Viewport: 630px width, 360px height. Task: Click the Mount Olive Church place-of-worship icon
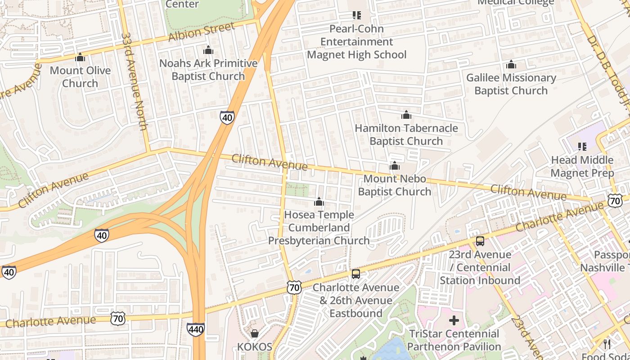80,57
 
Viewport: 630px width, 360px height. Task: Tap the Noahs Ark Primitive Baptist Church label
208,70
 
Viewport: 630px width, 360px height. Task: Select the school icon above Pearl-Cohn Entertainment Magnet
357,16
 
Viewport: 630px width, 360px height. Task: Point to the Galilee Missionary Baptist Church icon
511,65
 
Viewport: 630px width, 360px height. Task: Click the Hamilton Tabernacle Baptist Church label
406,135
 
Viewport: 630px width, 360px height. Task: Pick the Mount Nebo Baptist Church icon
395,166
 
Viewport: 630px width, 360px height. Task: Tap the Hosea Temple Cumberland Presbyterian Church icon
319,202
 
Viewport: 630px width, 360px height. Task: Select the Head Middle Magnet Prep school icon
582,147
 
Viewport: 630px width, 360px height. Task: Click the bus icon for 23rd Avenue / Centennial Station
480,241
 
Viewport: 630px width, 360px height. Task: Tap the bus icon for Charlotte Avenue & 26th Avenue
356,274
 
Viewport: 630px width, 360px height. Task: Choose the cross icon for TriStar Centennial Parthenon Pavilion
454,320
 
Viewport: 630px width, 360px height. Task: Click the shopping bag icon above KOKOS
255,333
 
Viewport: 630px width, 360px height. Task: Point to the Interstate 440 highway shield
196,330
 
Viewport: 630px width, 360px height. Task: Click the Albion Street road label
201,32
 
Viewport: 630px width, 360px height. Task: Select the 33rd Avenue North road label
134,81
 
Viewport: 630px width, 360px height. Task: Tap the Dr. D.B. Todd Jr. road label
607,67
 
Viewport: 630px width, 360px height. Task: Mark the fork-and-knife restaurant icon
607,344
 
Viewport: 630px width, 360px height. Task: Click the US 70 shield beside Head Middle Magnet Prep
615,201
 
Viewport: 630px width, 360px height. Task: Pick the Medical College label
516,3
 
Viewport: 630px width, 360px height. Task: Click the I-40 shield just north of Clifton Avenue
227,117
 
